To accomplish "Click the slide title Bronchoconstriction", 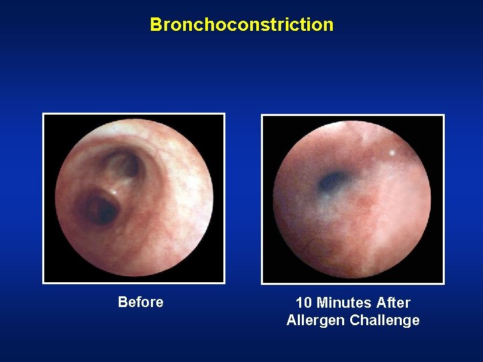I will (241, 25).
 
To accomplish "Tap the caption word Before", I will (140, 302).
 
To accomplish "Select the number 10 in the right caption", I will (303, 303).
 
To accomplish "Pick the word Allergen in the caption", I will (315, 320).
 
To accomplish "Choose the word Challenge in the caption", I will (384, 320).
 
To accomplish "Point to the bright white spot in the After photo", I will (391, 153).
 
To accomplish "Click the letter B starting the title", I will (156, 25).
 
